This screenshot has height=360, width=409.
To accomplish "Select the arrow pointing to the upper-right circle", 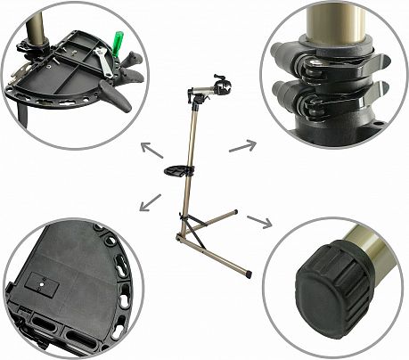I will (241, 144).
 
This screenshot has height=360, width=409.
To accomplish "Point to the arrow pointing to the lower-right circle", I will (259, 220).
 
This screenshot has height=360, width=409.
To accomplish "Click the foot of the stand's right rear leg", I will (236, 211).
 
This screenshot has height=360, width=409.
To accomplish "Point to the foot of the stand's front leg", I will (252, 274).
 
